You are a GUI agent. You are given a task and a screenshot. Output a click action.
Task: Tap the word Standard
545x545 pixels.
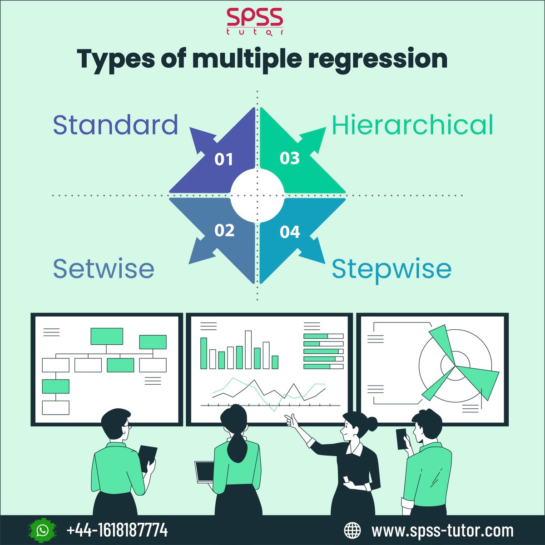[115, 125]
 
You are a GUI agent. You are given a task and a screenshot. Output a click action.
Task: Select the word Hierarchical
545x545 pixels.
[412, 125]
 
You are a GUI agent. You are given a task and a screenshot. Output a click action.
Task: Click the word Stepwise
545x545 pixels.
[391, 269]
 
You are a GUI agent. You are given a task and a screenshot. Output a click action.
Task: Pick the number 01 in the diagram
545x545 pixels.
[223, 159]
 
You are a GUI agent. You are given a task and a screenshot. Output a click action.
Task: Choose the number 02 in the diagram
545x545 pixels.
[224, 230]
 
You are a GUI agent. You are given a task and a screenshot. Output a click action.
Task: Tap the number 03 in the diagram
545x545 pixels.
[290, 159]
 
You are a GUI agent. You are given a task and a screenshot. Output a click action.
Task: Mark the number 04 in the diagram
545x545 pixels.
[290, 232]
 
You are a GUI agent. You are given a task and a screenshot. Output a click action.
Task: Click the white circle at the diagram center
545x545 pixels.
[257, 195]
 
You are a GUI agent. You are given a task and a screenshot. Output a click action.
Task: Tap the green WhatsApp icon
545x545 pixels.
[43, 530]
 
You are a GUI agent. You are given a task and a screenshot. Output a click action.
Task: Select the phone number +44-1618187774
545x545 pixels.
[117, 530]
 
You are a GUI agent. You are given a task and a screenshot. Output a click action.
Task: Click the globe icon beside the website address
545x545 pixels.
[353, 530]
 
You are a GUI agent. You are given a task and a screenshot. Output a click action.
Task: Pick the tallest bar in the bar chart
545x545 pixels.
[248, 349]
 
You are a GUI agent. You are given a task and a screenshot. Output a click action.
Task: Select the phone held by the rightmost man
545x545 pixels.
[401, 439]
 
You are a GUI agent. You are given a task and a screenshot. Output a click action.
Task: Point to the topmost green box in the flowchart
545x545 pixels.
[107, 336]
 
